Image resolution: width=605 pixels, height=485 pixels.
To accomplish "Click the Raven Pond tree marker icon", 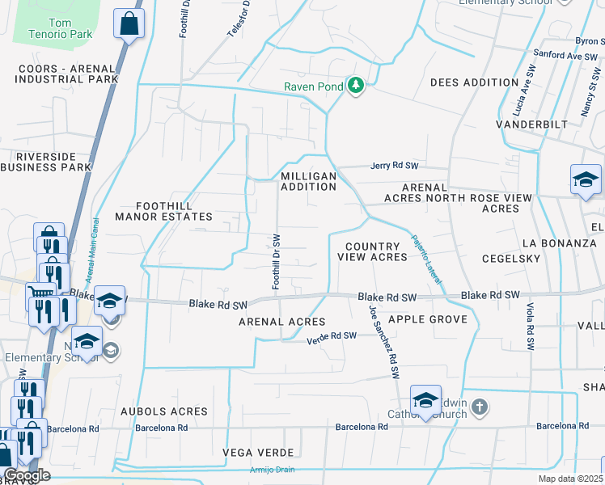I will tap(354, 85).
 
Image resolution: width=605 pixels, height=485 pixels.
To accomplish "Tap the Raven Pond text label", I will tap(314, 87).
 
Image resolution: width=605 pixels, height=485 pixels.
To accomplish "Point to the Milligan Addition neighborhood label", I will tap(307, 181).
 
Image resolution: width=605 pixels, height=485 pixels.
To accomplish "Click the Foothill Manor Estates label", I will tap(163, 211).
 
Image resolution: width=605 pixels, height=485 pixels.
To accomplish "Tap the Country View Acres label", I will tap(372, 251).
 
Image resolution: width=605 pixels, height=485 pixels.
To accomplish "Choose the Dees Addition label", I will tap(474, 82).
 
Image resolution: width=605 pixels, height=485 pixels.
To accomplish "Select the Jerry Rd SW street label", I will tap(395, 166).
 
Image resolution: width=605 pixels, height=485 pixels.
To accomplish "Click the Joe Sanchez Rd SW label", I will tap(384, 342).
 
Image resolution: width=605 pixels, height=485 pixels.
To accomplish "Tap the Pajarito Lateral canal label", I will tap(427, 259).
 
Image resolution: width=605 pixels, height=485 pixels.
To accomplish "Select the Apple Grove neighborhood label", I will tap(428, 319).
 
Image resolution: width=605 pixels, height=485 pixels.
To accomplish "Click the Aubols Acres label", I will tap(165, 411).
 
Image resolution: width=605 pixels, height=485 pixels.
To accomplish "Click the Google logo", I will tap(26, 475).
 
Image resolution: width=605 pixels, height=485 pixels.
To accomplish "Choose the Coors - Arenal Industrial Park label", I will tap(68, 74).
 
